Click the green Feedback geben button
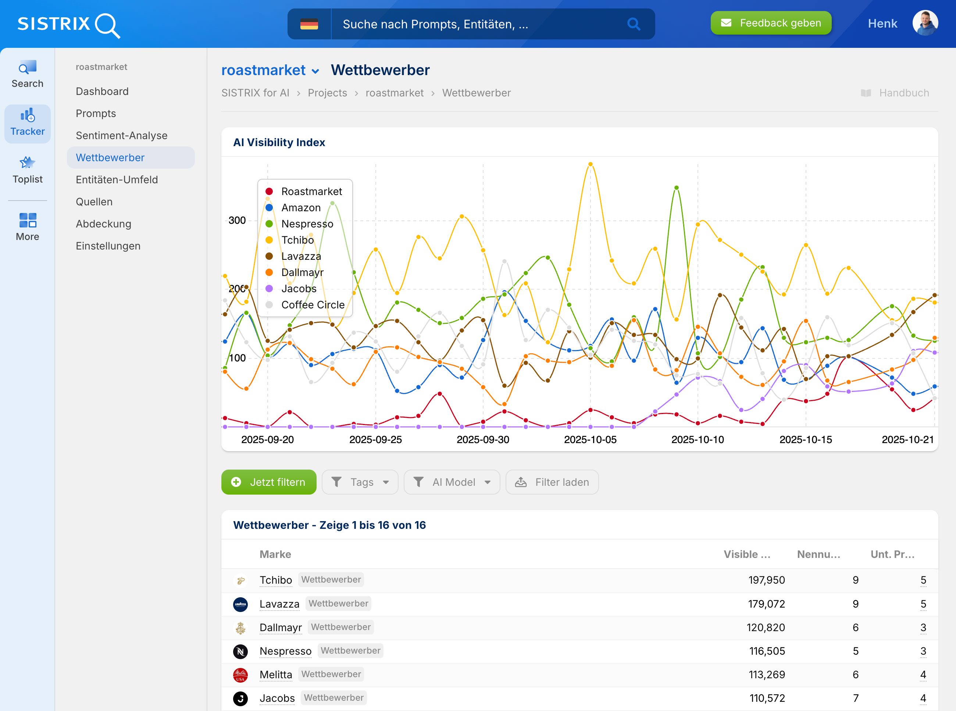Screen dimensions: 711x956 (x=771, y=23)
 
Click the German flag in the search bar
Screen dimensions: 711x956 (x=309, y=24)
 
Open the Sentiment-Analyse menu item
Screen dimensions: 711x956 (x=121, y=135)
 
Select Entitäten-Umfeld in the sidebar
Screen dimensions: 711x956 (x=117, y=180)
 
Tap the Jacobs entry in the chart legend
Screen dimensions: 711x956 (x=299, y=289)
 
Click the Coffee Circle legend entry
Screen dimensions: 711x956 (x=313, y=305)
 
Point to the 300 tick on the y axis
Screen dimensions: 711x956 (x=237, y=220)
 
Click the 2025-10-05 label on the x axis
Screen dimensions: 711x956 (x=590, y=439)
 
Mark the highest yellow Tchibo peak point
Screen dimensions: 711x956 (x=590, y=164)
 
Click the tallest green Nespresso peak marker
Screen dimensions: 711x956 (x=677, y=188)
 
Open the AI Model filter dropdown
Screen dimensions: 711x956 (x=452, y=482)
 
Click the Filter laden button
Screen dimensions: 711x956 (x=552, y=482)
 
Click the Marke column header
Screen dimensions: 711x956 (x=275, y=554)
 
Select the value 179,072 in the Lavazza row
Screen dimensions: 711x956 (x=766, y=604)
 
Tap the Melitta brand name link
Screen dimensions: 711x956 (x=276, y=675)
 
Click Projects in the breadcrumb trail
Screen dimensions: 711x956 (x=327, y=93)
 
